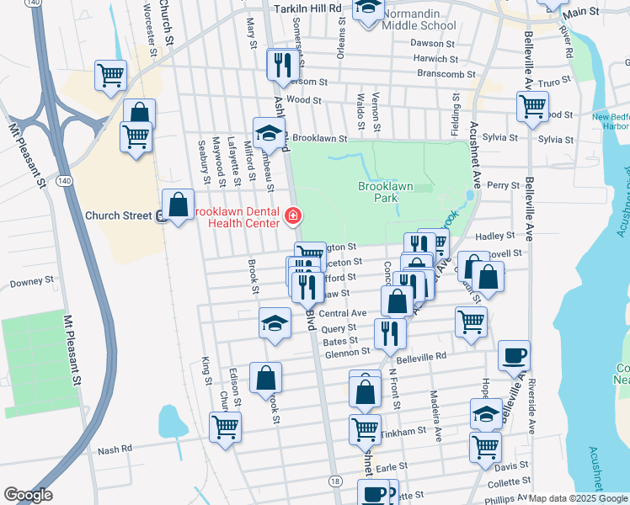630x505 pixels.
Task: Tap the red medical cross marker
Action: point(293,217)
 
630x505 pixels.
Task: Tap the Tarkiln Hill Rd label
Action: point(309,8)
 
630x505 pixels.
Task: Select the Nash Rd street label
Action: point(115,449)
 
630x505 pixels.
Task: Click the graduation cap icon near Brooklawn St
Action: point(269,133)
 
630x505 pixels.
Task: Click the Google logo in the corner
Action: point(28,495)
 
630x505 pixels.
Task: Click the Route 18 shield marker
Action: point(335,481)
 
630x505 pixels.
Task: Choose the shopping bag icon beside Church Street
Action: point(179,204)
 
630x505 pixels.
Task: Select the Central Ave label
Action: point(342,313)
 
